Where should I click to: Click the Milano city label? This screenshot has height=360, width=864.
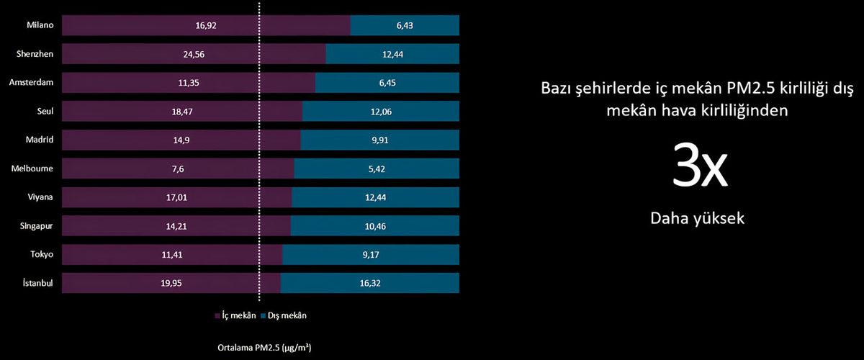coord(40,24)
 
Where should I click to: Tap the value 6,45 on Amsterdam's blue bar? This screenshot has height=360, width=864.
coord(387,82)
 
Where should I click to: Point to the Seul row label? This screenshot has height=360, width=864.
coord(45,111)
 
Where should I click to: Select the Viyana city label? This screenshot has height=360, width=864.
coord(40,197)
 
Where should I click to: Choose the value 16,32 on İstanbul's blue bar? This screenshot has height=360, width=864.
coord(370,283)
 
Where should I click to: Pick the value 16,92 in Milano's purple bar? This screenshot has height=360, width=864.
coord(206,24)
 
